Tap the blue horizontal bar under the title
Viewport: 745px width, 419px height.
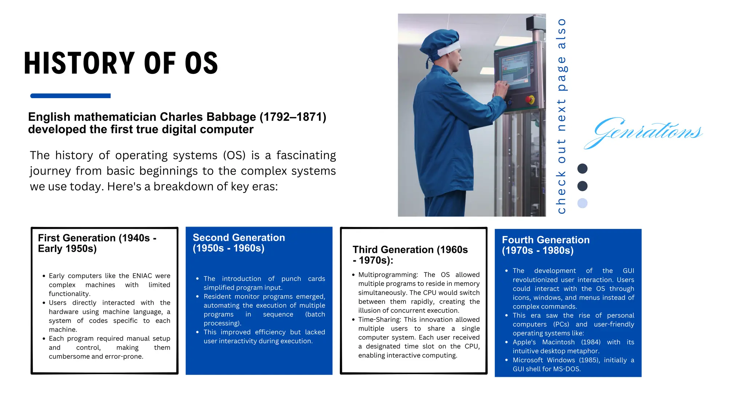(x=70, y=96)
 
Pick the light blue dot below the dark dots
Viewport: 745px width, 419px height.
(x=582, y=203)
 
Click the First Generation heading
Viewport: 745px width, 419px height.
(x=97, y=243)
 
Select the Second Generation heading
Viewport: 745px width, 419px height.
(x=239, y=243)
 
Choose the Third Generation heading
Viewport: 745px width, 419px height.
(x=410, y=255)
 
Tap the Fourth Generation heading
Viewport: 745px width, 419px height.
(x=546, y=245)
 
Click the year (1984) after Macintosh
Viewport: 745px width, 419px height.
(x=591, y=342)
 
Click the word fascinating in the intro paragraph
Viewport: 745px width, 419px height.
(x=306, y=155)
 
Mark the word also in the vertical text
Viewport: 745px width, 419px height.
(x=561, y=33)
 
